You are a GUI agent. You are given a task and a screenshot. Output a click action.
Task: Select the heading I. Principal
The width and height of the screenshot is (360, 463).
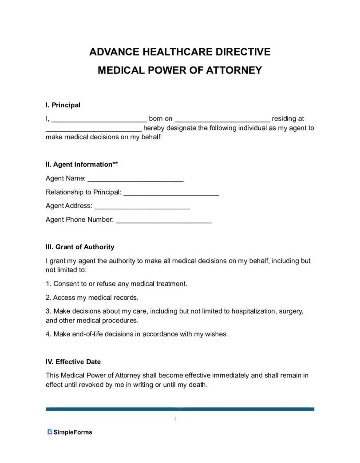63,105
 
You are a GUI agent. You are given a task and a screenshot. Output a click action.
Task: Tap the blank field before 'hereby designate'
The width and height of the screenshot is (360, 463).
94,129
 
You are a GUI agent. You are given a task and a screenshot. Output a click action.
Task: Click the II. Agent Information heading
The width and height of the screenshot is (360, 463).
82,165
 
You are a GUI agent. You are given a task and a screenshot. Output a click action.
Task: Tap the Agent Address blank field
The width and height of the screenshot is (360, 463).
142,207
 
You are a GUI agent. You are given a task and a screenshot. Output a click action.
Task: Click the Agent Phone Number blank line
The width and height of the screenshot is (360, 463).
163,220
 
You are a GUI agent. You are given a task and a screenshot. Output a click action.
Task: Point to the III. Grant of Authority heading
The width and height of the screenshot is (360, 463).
80,247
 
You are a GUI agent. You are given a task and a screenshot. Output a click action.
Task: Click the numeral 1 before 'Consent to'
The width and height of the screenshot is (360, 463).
47,284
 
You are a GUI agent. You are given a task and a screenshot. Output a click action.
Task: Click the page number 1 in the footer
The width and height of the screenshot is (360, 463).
175,419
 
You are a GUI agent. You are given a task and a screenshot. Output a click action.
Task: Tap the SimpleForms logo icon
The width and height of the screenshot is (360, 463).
50,432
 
